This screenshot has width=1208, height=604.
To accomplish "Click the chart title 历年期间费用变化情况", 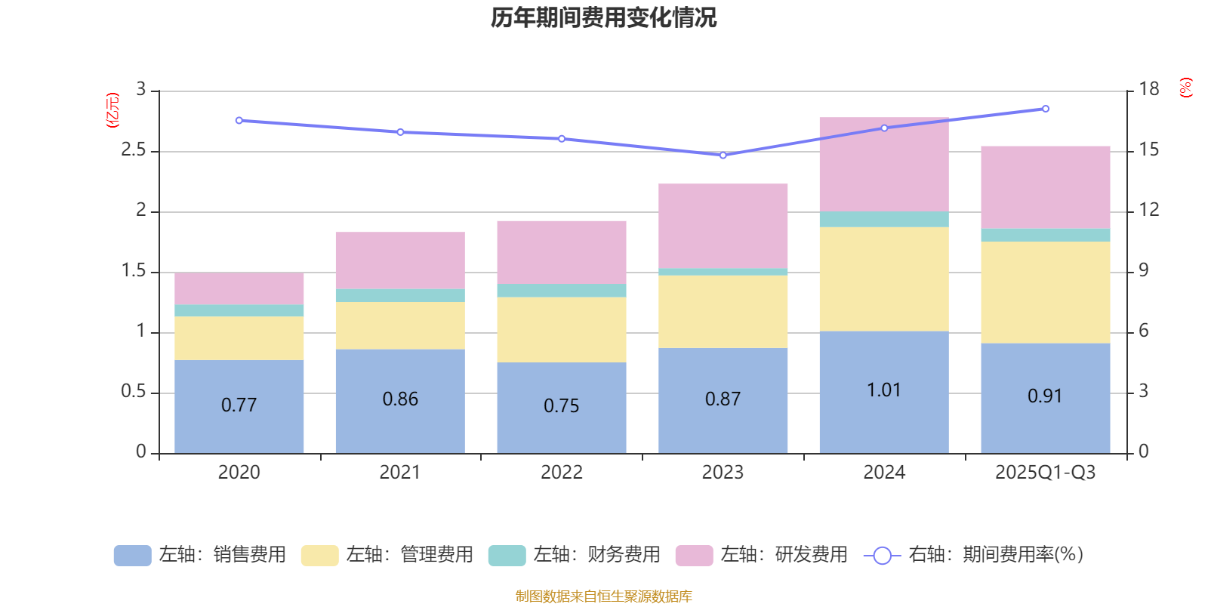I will coord(603,17).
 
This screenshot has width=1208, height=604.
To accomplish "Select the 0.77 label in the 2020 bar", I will coord(239,405).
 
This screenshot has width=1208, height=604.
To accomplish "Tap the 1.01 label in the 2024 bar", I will coord(883,390).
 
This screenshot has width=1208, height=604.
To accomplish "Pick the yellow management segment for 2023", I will coord(723,311).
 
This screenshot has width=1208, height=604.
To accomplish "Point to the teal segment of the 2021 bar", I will coord(399,295).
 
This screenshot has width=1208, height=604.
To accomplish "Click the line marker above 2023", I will coord(723,156).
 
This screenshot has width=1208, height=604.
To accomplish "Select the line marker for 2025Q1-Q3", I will coord(1045,109).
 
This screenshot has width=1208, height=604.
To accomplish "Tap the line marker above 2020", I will coord(239,120).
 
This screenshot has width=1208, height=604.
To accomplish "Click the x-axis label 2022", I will coord(561,473).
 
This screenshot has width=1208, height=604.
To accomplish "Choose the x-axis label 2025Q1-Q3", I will coord(1045,473).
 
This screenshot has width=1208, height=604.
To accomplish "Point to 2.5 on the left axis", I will coord(134,150).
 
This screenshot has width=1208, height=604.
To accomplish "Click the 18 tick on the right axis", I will coord(1148,90).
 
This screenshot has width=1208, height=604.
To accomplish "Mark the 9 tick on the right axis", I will coord(1143,271).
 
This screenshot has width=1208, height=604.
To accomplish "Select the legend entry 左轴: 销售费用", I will coord(200,555).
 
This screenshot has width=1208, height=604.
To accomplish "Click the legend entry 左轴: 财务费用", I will coord(575,555).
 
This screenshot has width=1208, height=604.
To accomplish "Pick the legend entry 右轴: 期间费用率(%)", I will coord(974,555).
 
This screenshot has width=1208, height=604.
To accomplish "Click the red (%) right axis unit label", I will coord(1186,88).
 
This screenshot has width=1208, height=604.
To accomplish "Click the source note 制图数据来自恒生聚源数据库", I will coord(603,596).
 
